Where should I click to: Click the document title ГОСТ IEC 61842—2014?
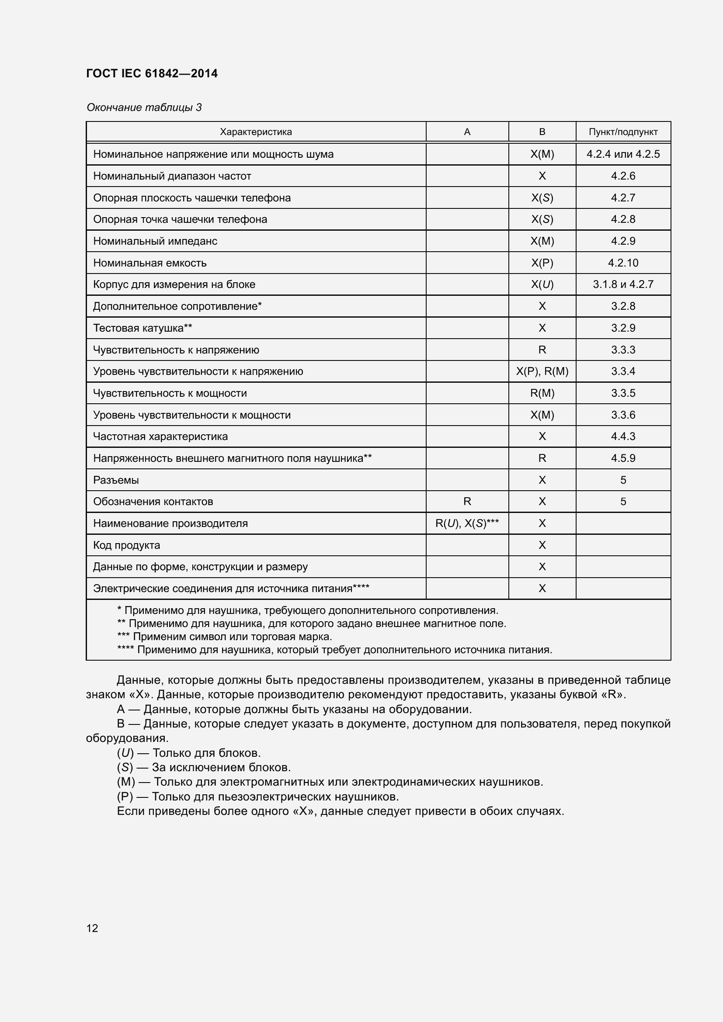[152, 73]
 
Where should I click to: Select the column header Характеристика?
[256, 132]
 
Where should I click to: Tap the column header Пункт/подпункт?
[623, 132]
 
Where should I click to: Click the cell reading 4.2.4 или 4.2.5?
[623, 154]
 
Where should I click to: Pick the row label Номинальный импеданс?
[155, 241]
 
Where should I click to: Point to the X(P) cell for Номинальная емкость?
[542, 263]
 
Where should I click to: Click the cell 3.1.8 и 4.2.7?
[623, 284]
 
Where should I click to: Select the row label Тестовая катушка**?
[143, 328]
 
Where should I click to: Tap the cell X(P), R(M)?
[542, 371]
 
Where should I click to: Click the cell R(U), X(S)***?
[466, 523]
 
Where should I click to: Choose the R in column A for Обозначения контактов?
[466, 502]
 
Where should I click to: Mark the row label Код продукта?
[126, 545]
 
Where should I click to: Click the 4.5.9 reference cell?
[623, 458]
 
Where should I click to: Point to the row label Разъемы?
[116, 480]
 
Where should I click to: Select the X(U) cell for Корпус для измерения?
[542, 284]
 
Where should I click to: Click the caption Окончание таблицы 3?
[144, 107]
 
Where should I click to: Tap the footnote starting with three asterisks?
[224, 637]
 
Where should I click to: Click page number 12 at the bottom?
[92, 928]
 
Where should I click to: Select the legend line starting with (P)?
[257, 797]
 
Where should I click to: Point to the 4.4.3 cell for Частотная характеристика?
[623, 436]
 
